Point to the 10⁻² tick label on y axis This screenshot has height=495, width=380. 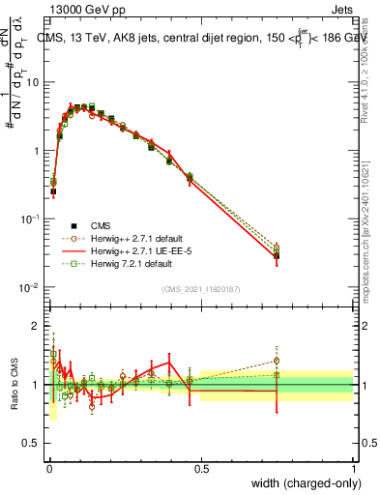point(32,288)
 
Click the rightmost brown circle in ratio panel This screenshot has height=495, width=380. point(277,361)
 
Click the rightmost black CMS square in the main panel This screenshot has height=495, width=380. point(277,255)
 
